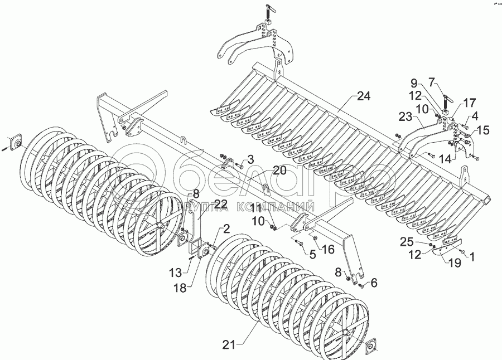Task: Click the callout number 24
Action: [x=364, y=96]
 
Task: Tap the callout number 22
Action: [x=251, y=159]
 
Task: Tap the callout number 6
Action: [x=373, y=283]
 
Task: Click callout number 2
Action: [x=227, y=228]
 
